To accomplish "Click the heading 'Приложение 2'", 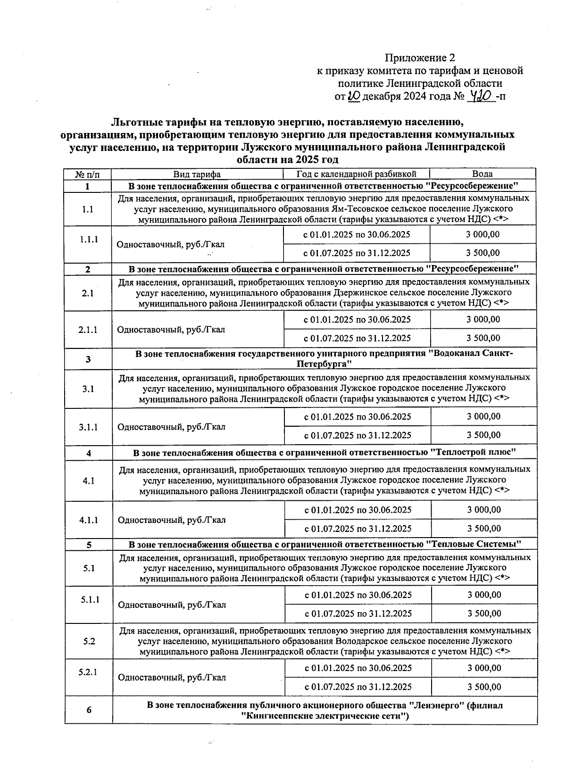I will tap(420, 58).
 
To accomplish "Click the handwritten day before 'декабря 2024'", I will tap(354, 96).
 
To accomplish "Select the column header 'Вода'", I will tap(482, 174).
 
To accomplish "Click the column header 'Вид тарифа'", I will tap(197, 174).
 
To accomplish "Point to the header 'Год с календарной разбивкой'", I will tap(356, 174).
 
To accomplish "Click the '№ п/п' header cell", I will tap(88, 174).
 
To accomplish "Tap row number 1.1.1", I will tap(88, 240).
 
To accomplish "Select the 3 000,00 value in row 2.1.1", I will tap(483, 319).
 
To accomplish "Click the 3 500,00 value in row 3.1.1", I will tap(483, 435).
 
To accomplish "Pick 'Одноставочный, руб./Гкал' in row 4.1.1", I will tap(172, 520).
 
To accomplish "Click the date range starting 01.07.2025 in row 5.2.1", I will tap(358, 687).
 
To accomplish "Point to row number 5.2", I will tap(89, 641).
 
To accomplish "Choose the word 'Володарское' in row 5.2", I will tap(364, 641).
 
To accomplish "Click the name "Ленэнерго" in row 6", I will tap(437, 705).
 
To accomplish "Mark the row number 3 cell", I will tap(88, 359).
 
